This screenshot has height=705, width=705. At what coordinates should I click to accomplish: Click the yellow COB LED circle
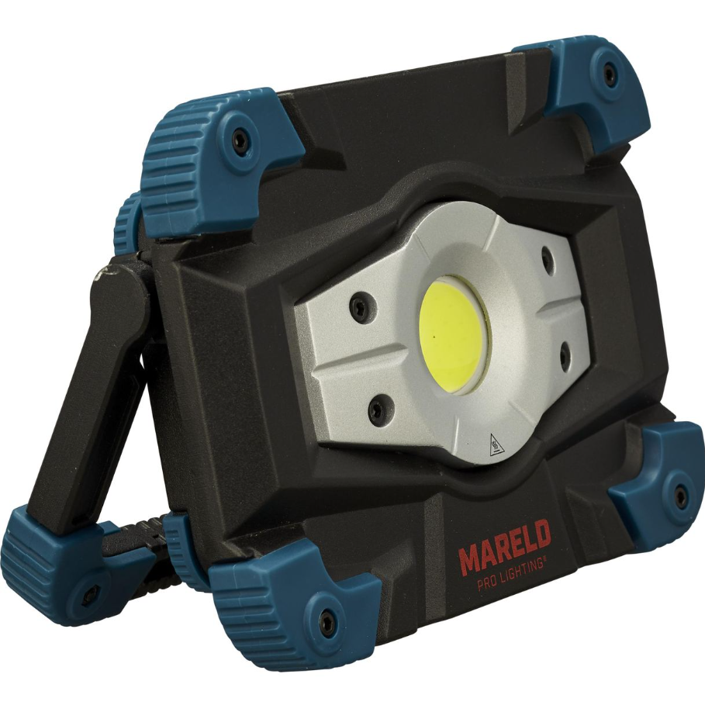pyautogui.click(x=453, y=335)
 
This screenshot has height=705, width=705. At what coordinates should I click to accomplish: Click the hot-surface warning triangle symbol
pyautogui.click(x=494, y=444)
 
